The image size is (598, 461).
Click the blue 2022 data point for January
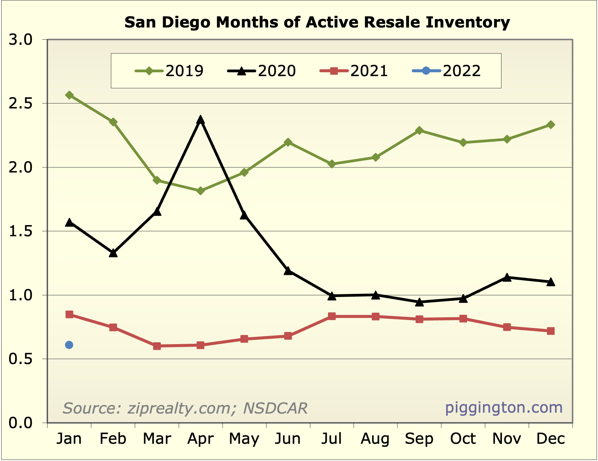coord(69,345)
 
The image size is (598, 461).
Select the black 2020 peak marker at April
coord(201,120)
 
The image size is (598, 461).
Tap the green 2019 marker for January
coord(69,95)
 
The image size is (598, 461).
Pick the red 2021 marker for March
coord(157,346)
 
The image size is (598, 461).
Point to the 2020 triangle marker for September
coord(419,302)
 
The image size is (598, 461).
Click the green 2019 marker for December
coord(551,125)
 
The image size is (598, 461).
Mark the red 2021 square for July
coord(332,316)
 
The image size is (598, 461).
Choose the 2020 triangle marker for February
coord(113,253)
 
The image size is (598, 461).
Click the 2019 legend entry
coord(169,71)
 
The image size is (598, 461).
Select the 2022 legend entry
coord(446,71)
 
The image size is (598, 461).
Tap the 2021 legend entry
coord(354,71)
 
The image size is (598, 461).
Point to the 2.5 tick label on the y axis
coord(20,104)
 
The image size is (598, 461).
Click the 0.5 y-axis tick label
coord(20,359)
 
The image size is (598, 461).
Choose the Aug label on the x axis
coord(375,439)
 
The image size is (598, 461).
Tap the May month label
coord(244,439)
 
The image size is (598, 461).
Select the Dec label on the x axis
coord(551,439)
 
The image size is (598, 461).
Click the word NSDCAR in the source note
coord(275,408)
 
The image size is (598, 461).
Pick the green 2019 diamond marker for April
coord(201,191)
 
